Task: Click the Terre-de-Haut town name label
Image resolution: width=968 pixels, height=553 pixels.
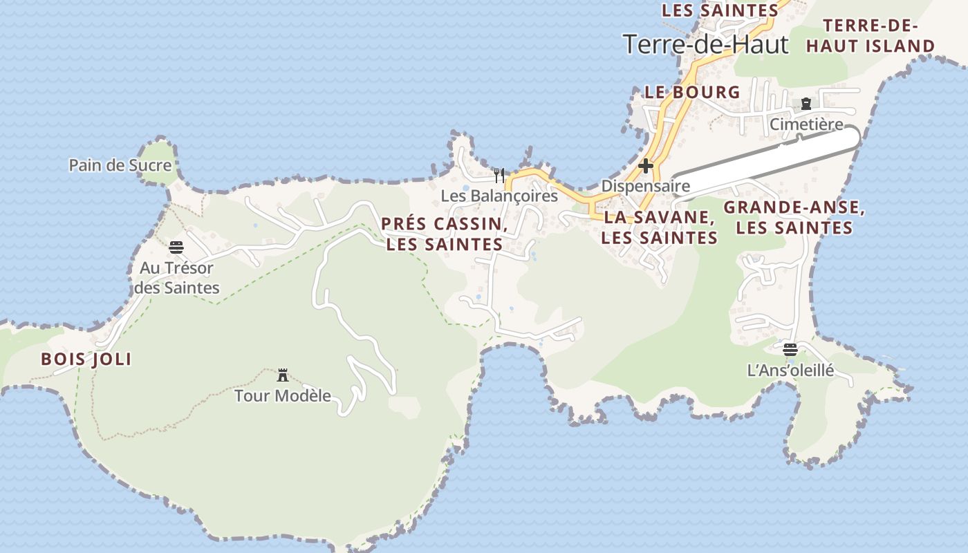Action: [706, 44]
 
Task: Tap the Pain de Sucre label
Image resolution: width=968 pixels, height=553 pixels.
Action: [120, 165]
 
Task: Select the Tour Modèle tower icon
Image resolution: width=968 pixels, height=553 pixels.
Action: [282, 375]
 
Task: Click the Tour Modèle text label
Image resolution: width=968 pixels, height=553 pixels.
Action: [283, 396]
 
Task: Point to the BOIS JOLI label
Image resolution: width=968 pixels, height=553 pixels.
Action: [86, 359]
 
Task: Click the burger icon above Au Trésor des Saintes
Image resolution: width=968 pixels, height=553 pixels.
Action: [176, 247]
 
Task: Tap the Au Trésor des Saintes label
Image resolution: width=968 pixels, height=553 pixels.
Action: [176, 278]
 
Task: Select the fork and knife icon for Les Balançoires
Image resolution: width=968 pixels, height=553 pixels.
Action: [499, 175]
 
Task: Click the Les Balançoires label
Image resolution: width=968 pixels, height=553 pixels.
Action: [499, 196]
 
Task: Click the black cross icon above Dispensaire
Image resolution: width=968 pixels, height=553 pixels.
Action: [646, 166]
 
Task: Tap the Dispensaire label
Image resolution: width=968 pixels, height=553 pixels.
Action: [646, 186]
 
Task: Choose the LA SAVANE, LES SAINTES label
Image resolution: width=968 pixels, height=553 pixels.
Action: [659, 227]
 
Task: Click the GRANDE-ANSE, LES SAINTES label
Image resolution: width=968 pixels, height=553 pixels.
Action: [794, 218]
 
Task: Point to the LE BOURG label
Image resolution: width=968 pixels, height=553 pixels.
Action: [692, 92]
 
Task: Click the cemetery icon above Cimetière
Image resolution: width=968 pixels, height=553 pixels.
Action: [806, 104]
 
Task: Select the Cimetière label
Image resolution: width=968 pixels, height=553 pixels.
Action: [806, 124]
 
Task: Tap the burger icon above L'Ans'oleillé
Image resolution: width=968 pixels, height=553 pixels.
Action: [790, 349]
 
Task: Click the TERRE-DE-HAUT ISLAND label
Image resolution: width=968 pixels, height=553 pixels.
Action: [871, 37]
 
